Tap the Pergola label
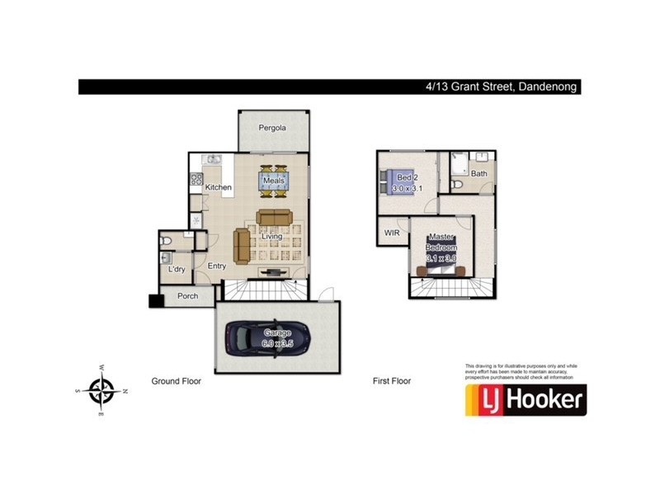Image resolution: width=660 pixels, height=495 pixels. [x=272, y=128]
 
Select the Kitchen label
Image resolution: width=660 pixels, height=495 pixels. [x=219, y=187]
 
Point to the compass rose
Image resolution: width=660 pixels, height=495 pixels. [x=102, y=390]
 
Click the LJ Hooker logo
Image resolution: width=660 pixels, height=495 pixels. [x=525, y=399]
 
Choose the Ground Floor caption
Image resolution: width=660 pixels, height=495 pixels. [x=176, y=381]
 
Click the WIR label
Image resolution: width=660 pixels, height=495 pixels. [x=392, y=233]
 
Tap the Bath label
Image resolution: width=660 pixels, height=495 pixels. [x=479, y=173]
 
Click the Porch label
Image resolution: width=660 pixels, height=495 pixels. [x=188, y=295]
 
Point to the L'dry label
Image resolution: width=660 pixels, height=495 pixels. [x=176, y=269]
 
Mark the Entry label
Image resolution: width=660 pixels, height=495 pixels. [x=217, y=266]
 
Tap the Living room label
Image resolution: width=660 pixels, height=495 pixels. [x=272, y=237]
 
